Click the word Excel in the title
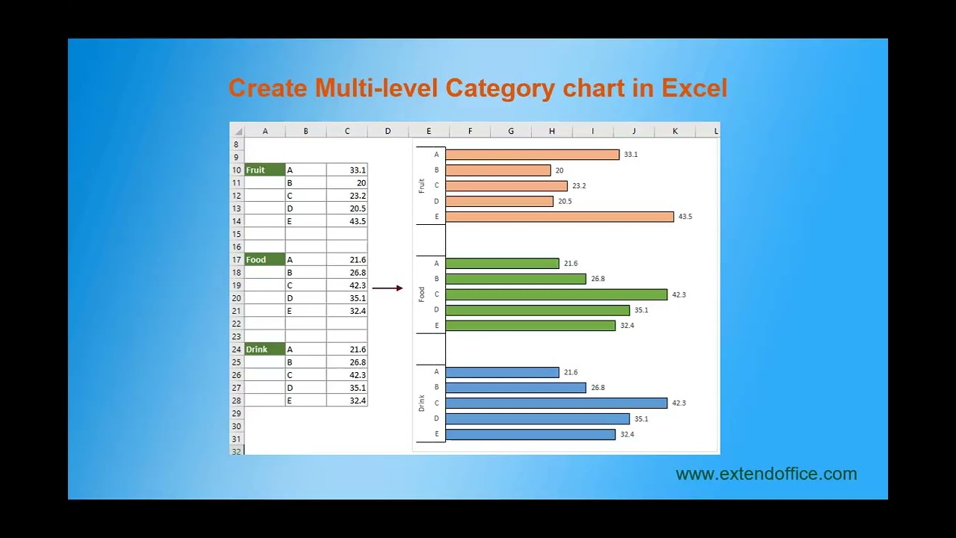694,88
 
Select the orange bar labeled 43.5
559,217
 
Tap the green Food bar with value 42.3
556,294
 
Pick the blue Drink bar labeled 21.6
502,372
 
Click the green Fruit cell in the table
264,170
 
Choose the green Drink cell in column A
264,349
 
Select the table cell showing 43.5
347,221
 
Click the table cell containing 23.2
347,196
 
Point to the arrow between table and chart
387,288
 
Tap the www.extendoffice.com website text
766,474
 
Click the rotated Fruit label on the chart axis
422,186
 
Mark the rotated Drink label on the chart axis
422,403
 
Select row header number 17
237,260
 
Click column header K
675,132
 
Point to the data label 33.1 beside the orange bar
631,155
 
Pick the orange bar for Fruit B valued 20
498,170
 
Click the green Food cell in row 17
264,260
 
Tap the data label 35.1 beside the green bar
641,310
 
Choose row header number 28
237,401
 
